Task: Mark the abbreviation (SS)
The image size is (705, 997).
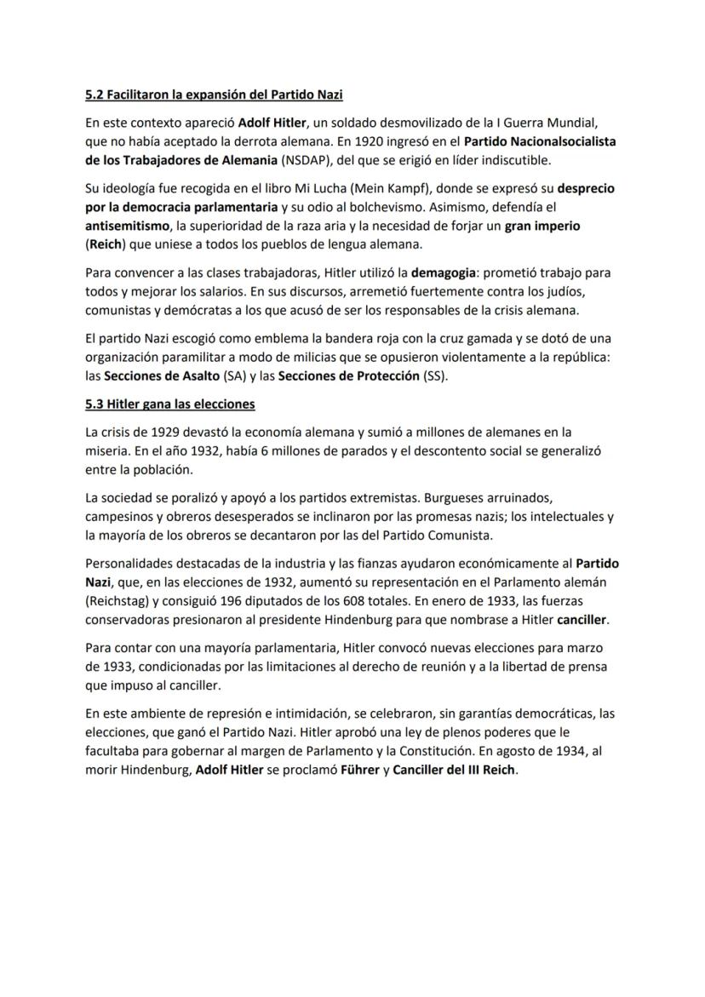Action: (x=434, y=377)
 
